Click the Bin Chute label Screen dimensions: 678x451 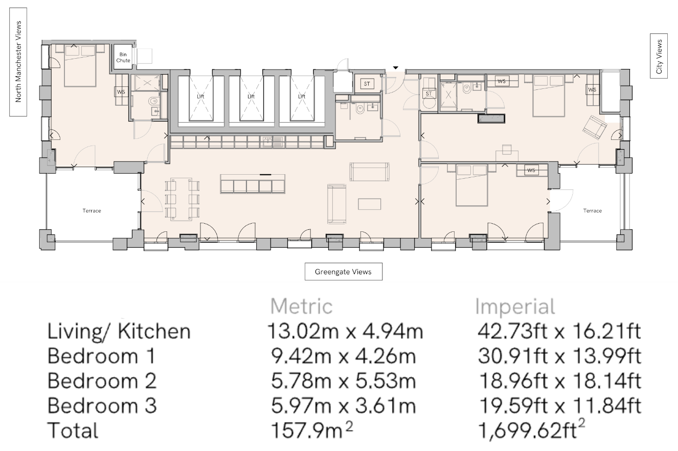(123, 57)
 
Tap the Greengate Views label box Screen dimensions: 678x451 (343, 271)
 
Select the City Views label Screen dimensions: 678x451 (659, 56)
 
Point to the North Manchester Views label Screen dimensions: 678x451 (18, 62)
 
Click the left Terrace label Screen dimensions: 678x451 (92, 211)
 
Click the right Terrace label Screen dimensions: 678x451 (592, 211)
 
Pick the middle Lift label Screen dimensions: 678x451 (251, 97)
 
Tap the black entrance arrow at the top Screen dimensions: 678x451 (396, 68)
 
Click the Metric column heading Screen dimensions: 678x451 (302, 306)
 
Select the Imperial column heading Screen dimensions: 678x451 (515, 306)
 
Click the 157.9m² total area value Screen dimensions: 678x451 (312, 430)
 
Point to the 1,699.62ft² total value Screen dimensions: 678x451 (531, 429)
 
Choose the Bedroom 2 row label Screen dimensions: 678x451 (102, 381)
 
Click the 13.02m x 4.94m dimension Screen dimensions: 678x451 (345, 331)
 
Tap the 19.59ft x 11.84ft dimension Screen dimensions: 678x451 (560, 406)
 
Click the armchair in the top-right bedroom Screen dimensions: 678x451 (595, 128)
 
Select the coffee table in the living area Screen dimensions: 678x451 (369, 204)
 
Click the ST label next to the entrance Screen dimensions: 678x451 (367, 84)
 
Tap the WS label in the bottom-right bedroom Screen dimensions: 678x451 (531, 170)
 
